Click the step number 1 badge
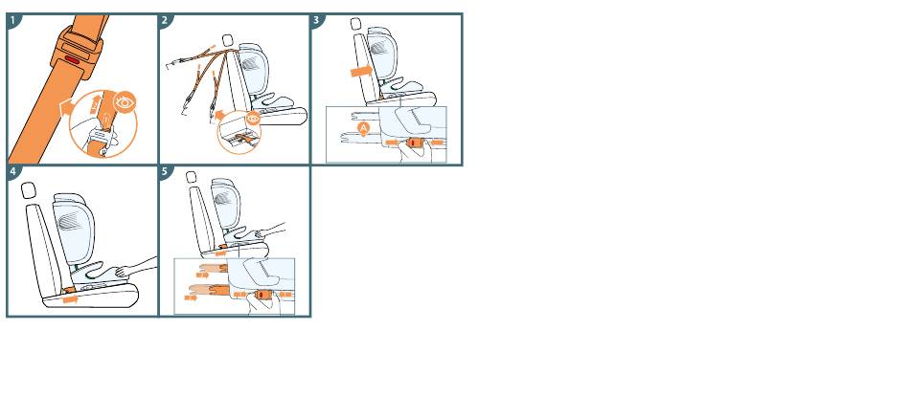(x=12, y=20)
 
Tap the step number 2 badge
(x=165, y=20)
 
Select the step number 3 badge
(x=317, y=20)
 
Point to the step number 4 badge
(x=12, y=171)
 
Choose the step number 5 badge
(x=165, y=171)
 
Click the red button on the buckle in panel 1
(x=74, y=59)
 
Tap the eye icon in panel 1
(x=125, y=102)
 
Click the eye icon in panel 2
(x=253, y=119)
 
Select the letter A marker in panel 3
(x=364, y=128)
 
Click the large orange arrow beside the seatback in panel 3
(x=362, y=71)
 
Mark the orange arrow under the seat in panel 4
(x=70, y=299)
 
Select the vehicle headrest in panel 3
(x=355, y=24)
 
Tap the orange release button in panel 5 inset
(x=262, y=296)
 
